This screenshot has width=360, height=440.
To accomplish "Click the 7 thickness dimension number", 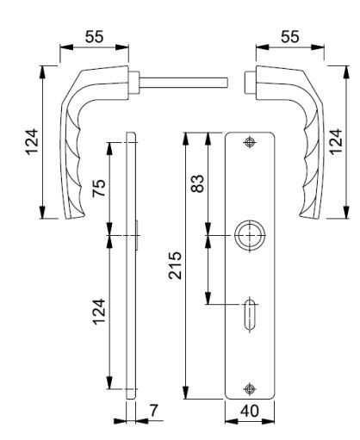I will tap(153, 411).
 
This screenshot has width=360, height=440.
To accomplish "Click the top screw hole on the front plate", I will tap(250, 142).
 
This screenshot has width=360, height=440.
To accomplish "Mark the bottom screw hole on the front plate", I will tap(250, 387).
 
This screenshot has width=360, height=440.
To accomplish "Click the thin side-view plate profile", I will tap(130, 267).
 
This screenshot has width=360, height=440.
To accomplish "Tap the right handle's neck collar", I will tap(251, 84).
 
